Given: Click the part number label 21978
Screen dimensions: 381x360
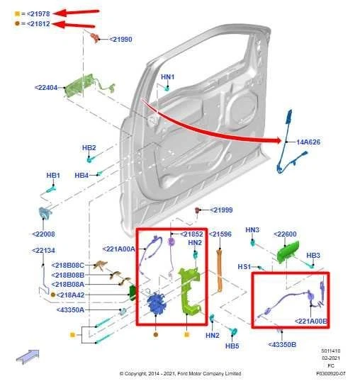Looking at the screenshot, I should click(39, 13).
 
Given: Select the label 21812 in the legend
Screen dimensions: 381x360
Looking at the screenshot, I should click(39, 24).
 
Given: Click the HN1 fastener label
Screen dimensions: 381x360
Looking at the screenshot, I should click(167, 76).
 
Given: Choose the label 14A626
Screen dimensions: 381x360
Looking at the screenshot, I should click(308, 142).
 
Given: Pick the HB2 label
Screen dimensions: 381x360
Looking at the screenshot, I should click(89, 148).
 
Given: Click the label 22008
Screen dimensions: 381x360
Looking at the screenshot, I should click(43, 233).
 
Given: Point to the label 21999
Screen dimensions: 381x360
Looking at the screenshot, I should click(222, 210).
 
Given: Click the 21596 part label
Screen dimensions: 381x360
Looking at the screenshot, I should click(219, 234).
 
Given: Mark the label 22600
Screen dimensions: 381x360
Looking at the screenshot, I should click(285, 234).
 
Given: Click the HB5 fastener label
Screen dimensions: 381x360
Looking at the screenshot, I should click(232, 346).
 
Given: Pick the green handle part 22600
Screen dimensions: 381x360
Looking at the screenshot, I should click(288, 251).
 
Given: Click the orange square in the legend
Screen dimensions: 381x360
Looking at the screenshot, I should click(17, 13).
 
